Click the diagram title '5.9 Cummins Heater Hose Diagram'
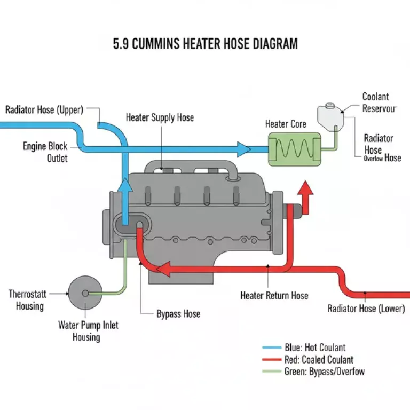point(205,44)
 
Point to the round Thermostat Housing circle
point(85,293)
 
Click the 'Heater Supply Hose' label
point(160,117)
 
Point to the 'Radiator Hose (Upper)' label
point(44,110)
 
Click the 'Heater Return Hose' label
point(274,295)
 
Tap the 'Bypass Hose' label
point(178,314)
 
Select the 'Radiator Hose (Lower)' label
point(366,309)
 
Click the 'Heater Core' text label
point(286,124)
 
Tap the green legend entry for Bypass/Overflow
point(314,372)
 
